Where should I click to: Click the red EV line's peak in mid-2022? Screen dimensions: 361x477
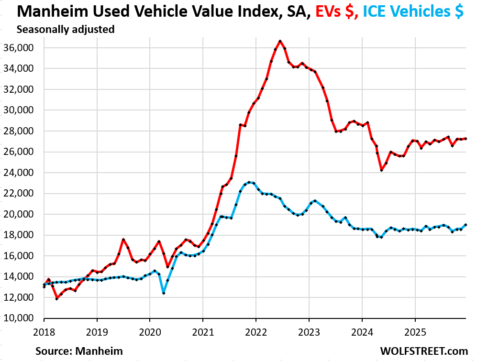(280, 41)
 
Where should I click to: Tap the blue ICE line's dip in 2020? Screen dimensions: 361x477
(164, 293)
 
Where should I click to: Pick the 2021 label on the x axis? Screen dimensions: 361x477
(202, 330)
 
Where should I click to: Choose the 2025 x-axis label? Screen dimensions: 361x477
(414, 330)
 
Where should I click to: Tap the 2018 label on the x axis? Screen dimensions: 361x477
(44, 330)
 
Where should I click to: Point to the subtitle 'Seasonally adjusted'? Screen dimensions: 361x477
(66, 29)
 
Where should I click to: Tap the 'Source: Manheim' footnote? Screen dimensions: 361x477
(79, 351)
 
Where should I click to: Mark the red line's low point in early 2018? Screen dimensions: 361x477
(57, 298)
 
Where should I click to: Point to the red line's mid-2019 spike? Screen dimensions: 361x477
(123, 240)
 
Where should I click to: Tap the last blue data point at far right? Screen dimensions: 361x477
(466, 225)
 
